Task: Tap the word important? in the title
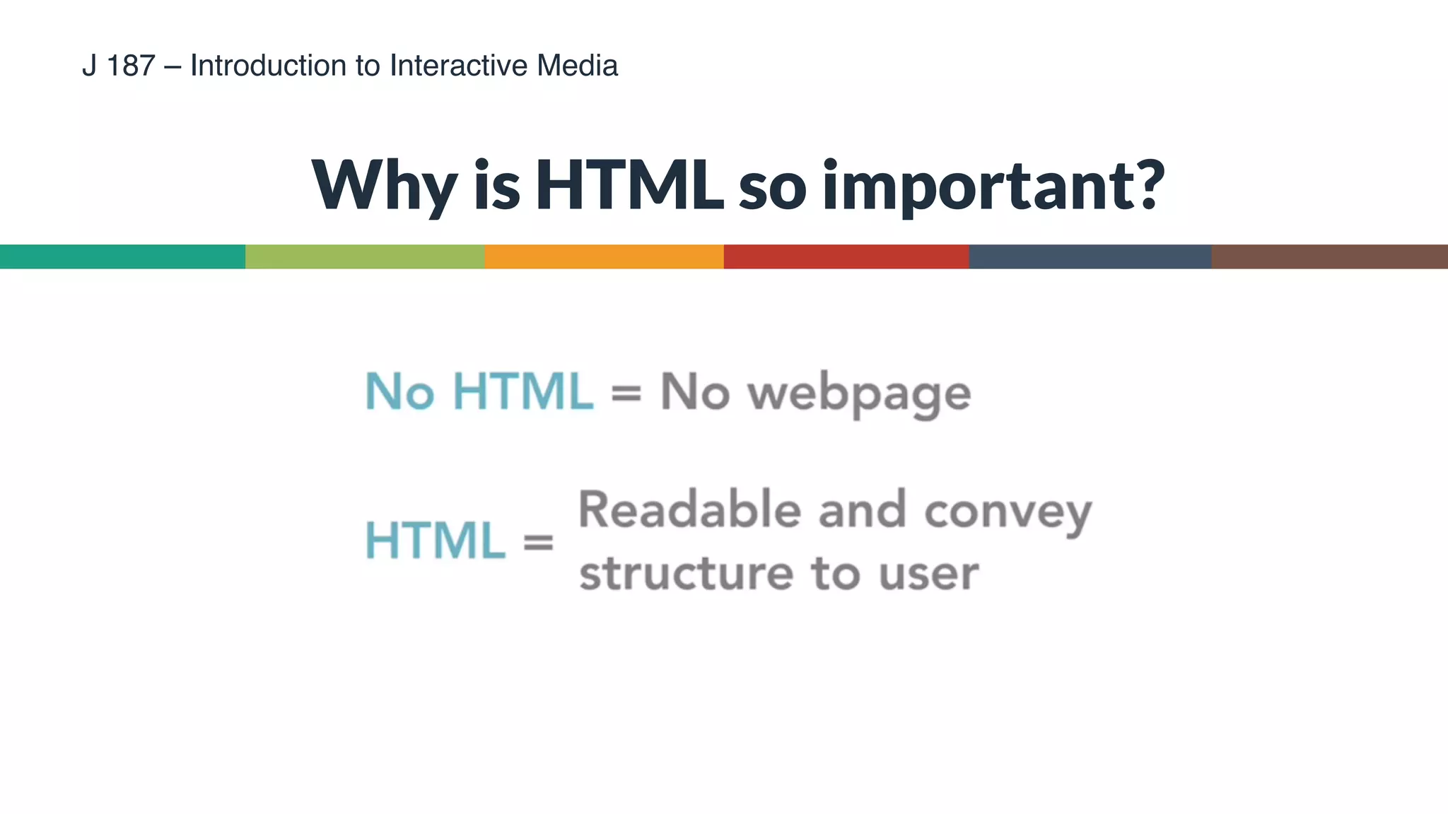tap(993, 185)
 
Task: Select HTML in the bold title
tap(629, 185)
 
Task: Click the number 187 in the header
tap(131, 66)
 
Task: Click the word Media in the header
tap(577, 66)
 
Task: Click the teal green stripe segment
tap(122, 256)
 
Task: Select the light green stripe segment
tap(365, 256)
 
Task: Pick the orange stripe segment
tap(604, 256)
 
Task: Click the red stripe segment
tap(846, 256)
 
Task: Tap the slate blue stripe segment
tap(1090, 256)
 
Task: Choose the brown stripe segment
tap(1329, 256)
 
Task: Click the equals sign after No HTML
tap(626, 394)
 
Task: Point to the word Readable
tap(689, 509)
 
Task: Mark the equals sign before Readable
tap(538, 543)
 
